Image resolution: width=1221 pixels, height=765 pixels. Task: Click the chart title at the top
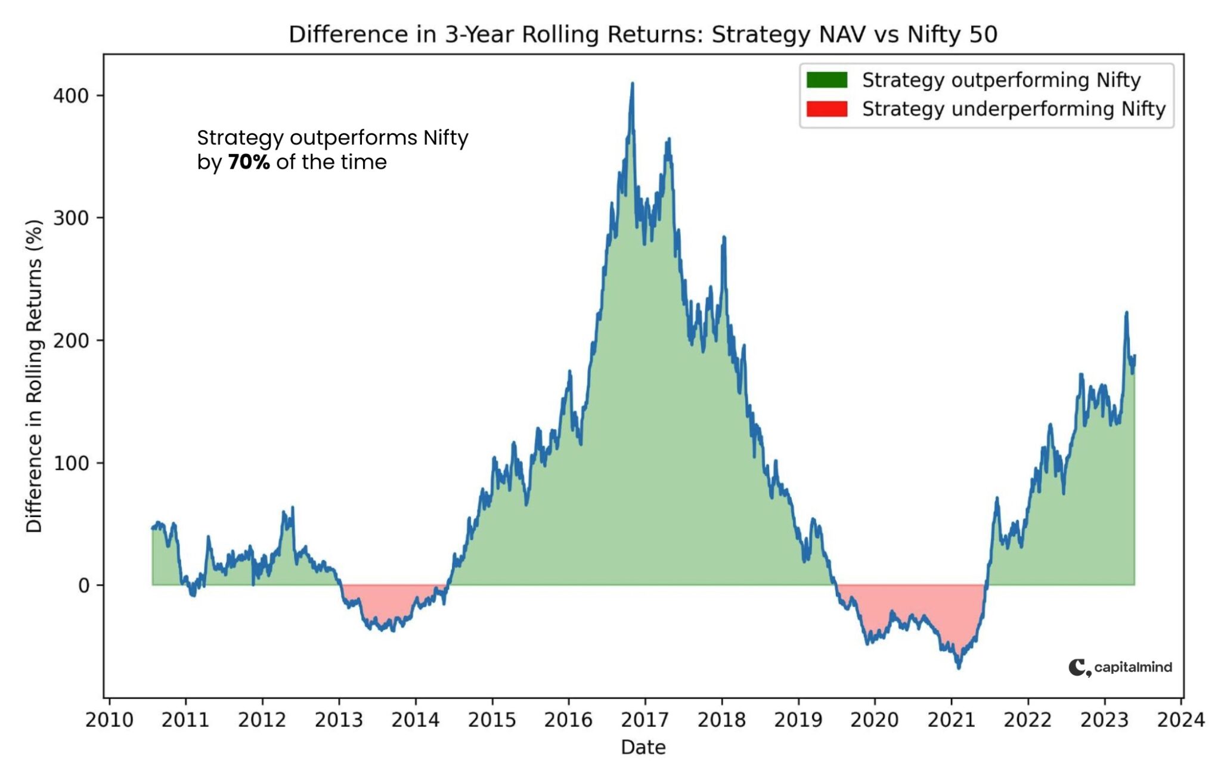pos(643,35)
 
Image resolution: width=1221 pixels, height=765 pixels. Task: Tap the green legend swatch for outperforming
pos(826,80)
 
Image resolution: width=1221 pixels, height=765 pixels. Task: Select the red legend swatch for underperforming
pos(826,109)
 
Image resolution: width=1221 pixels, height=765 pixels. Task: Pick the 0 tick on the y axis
pos(83,585)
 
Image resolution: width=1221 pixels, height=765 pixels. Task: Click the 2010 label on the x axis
pos(109,720)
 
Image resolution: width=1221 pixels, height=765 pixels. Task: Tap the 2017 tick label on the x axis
pos(645,720)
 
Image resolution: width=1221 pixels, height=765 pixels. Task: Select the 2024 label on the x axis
pos(1180,720)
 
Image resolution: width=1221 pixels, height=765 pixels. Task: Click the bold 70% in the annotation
pos(249,162)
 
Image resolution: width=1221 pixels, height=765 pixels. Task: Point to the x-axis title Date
pos(643,747)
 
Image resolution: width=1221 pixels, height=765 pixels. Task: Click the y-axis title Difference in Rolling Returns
pos(34,376)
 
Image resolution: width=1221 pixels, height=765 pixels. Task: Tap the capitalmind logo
pos(1120,667)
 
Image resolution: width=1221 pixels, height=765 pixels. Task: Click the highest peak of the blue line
pos(632,84)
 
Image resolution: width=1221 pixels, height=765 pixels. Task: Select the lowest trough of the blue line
pos(959,668)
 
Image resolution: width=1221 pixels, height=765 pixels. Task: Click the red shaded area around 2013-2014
pos(388,602)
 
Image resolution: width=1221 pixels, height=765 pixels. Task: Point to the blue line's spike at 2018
pos(724,237)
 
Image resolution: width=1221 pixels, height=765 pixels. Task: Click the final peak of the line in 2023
pos(1126,312)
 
